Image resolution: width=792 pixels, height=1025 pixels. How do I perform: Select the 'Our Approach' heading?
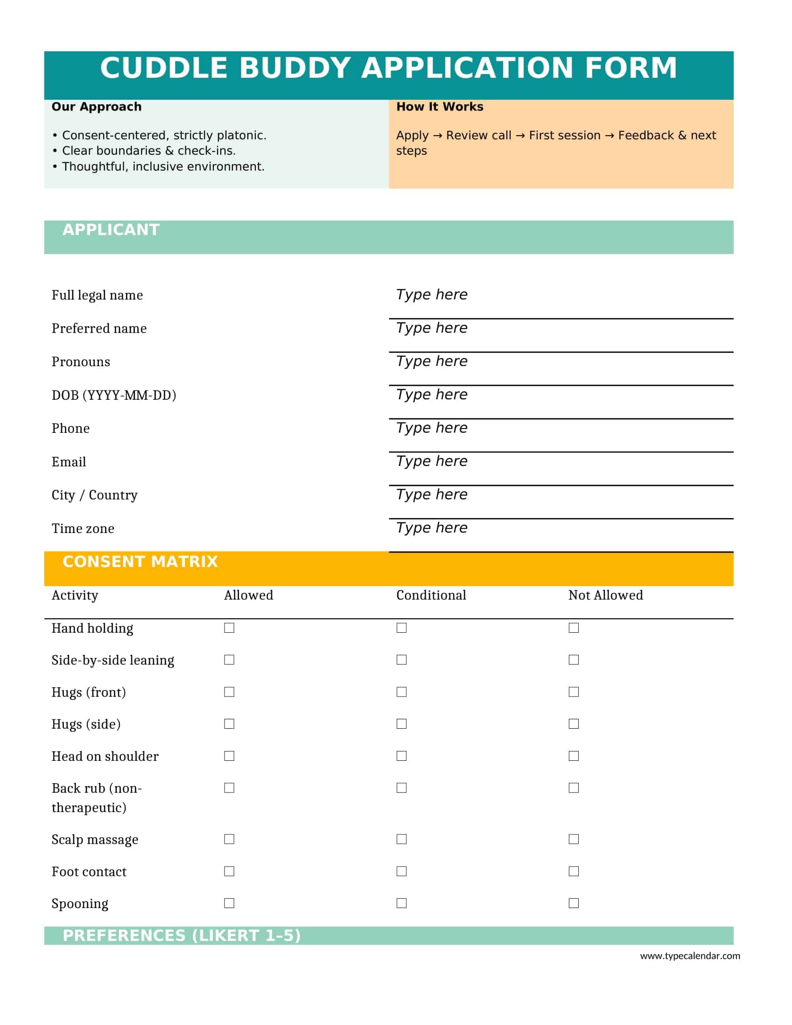tap(96, 107)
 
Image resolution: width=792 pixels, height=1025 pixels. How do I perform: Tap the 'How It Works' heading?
tap(439, 107)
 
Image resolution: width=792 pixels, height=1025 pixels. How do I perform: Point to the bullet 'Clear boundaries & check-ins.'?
tap(149, 150)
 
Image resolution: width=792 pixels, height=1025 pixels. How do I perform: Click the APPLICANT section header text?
tap(111, 230)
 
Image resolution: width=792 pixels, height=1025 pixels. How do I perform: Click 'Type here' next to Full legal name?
tap(431, 294)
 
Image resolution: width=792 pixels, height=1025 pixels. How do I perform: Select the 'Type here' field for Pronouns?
tap(431, 361)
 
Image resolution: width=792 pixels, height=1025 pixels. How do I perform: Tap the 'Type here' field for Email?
tap(431, 461)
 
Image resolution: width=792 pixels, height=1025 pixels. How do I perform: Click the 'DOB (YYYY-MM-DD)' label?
tap(114, 395)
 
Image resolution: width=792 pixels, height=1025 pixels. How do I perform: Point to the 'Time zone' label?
tap(82, 528)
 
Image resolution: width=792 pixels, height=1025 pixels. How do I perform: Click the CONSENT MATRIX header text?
tap(140, 561)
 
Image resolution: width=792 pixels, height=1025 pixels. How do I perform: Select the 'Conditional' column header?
tap(431, 595)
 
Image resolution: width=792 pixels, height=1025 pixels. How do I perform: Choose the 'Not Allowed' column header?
tap(605, 595)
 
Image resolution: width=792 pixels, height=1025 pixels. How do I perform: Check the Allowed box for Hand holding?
tap(229, 628)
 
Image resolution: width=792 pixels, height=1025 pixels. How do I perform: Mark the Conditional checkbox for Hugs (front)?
tap(401, 692)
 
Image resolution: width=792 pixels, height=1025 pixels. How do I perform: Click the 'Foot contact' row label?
tap(89, 872)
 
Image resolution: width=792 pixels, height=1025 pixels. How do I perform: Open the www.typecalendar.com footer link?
tap(690, 956)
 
